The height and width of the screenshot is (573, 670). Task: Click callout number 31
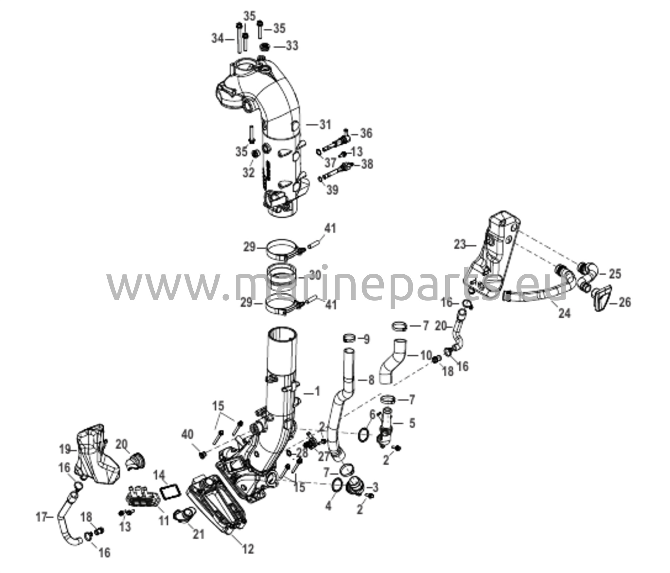point(325,125)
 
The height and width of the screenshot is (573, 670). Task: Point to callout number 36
point(366,133)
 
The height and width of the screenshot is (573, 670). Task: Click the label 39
point(332,190)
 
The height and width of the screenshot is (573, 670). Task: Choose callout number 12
point(248,549)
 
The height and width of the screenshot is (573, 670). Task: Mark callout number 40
point(187,434)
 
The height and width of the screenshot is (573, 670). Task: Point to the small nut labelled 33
point(265,47)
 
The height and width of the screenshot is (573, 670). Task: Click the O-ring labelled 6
point(364,435)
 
